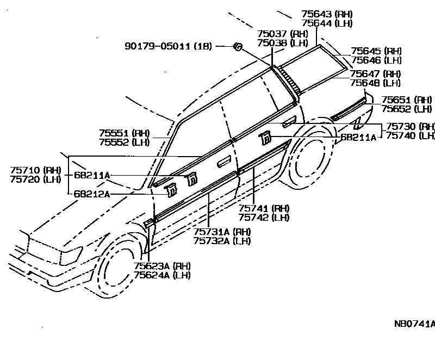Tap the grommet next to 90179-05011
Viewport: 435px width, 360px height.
(238, 47)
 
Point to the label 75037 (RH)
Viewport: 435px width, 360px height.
(282, 33)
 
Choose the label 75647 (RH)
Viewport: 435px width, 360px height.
(376, 73)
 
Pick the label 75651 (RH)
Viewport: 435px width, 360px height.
(406, 100)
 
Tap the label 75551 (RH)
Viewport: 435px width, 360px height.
(124, 132)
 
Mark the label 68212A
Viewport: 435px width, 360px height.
(91, 193)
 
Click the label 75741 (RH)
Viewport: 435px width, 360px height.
(264, 208)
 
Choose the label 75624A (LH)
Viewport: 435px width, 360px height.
(162, 275)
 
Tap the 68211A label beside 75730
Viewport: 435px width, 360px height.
(358, 138)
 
